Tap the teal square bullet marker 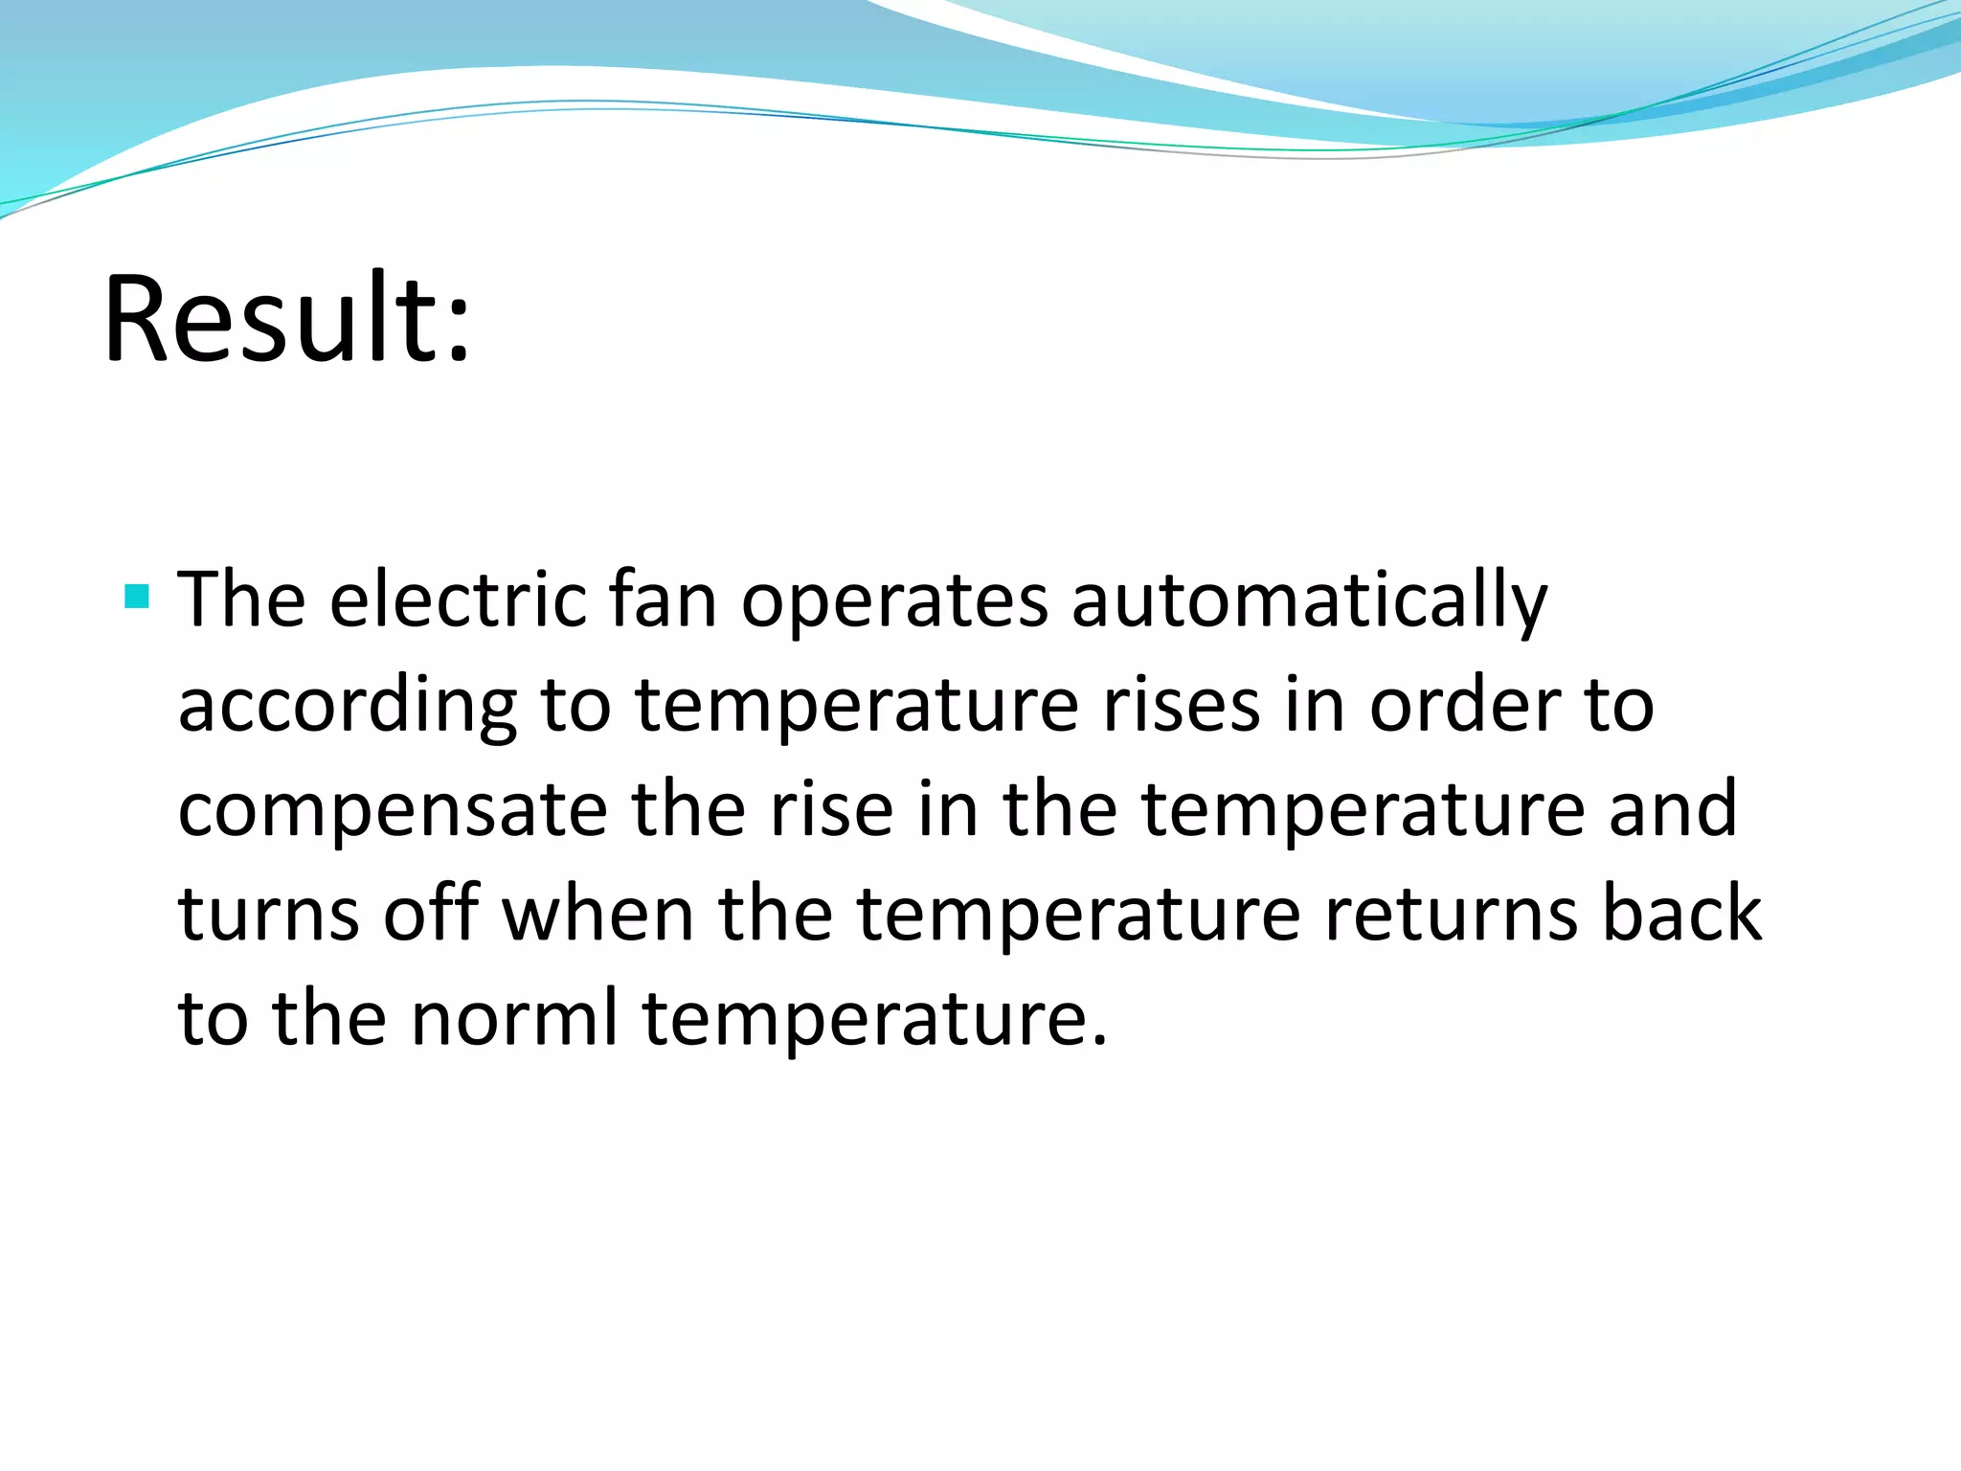(137, 598)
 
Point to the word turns (269, 914)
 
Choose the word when (598, 914)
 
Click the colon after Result (459, 331)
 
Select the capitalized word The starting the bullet (242, 600)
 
